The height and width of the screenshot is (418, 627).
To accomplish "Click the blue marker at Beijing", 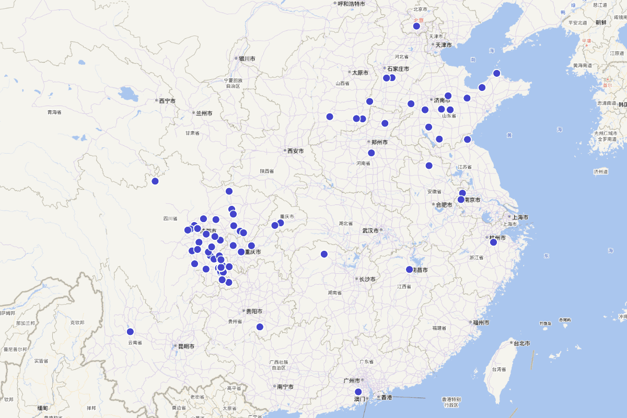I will (416, 26).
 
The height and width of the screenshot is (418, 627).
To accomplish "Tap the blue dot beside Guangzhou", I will (358, 392).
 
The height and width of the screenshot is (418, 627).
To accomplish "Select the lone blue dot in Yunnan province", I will (130, 332).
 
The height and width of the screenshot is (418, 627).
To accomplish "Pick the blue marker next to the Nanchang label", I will (410, 270).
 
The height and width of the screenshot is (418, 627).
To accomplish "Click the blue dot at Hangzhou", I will (493, 242).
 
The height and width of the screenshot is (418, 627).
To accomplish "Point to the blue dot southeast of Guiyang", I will (260, 327).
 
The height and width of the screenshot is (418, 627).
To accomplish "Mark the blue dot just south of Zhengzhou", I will (371, 153).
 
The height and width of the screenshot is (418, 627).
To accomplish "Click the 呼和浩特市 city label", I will (351, 4).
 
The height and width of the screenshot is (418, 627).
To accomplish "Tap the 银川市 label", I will (247, 59).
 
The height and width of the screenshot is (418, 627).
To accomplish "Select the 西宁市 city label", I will (167, 101).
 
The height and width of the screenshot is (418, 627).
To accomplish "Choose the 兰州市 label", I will (204, 113).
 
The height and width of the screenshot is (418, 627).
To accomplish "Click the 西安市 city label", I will (295, 151).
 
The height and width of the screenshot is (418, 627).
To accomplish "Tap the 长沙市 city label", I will (367, 280).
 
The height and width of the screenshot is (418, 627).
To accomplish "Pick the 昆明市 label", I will (186, 346).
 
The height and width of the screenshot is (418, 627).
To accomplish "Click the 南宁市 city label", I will (285, 387).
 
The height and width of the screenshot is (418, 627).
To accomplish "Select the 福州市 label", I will (481, 323).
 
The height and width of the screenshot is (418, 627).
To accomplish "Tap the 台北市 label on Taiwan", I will (521, 343).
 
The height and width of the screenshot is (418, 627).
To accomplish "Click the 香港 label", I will (386, 398).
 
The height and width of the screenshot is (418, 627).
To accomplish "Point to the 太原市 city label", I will (360, 73).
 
